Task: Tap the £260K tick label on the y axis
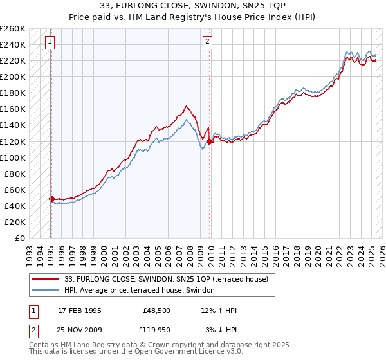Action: [x=13, y=28]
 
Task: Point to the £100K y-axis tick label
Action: [x=13, y=157]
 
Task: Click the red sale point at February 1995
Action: [x=51, y=199]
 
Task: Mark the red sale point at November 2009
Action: [x=209, y=141]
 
